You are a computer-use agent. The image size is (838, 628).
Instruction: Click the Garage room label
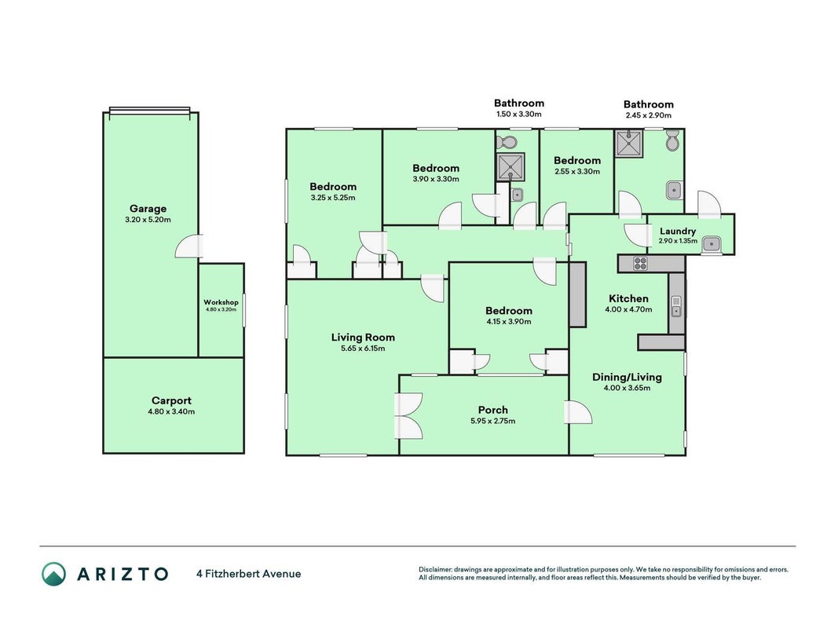click(x=148, y=209)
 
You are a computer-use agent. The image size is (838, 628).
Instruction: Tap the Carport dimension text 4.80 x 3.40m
click(x=171, y=411)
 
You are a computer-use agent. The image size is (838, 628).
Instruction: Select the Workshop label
click(x=221, y=302)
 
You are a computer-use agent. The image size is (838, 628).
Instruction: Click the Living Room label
click(x=363, y=338)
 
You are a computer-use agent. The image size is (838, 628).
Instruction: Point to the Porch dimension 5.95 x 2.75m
click(x=492, y=421)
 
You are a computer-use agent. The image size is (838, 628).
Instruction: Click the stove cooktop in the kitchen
click(x=640, y=263)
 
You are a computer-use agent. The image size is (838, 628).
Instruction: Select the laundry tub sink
click(x=712, y=245)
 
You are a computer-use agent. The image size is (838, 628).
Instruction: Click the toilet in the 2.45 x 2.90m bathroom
click(x=672, y=141)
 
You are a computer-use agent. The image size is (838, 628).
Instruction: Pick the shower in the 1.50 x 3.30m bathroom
click(x=511, y=167)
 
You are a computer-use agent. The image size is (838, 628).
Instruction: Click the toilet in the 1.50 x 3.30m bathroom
click(x=506, y=143)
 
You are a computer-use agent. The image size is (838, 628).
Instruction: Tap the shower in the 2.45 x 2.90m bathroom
click(x=629, y=144)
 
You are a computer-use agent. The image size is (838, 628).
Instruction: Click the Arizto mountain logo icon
click(x=54, y=574)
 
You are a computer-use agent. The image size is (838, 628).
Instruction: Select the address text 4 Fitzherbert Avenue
click(x=248, y=574)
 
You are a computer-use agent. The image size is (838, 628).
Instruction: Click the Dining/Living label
click(x=627, y=377)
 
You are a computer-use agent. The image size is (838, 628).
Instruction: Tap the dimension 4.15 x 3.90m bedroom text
click(x=509, y=322)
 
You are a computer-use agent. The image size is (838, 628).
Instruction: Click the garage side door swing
click(x=189, y=246)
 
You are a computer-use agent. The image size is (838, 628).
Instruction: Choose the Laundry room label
click(x=678, y=232)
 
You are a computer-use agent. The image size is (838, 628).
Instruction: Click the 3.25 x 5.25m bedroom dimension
click(x=333, y=198)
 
